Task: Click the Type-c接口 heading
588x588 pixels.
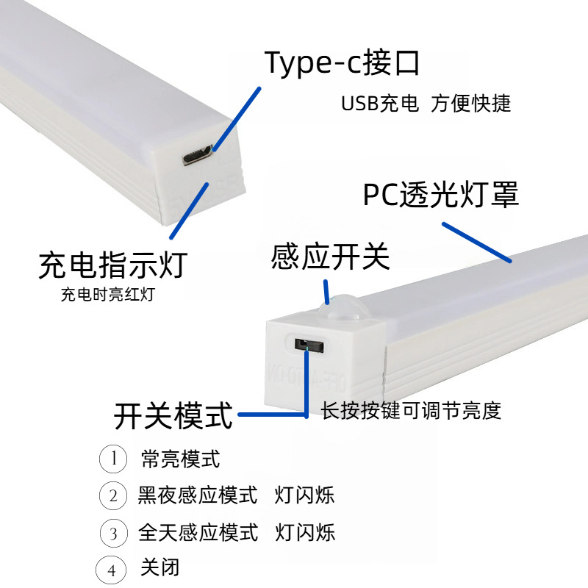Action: [x=343, y=63]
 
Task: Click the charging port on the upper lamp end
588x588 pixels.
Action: [x=198, y=155]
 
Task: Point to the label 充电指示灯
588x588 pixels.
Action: [x=113, y=265]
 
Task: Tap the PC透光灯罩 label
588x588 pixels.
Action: [x=441, y=195]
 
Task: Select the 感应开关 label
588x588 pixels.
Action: [x=330, y=257]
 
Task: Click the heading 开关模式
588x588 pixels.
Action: [x=173, y=415]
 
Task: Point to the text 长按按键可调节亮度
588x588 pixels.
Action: [x=411, y=411]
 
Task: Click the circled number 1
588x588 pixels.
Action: [x=113, y=459]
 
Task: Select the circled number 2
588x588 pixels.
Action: [x=113, y=495]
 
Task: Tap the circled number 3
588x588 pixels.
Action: [x=113, y=532]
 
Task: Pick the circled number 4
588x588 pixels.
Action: [x=111, y=570]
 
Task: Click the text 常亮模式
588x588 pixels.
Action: [x=180, y=460]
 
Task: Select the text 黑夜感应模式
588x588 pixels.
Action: [x=198, y=495]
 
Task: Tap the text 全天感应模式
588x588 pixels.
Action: [x=198, y=532]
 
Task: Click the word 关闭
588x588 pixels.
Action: [x=160, y=568]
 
